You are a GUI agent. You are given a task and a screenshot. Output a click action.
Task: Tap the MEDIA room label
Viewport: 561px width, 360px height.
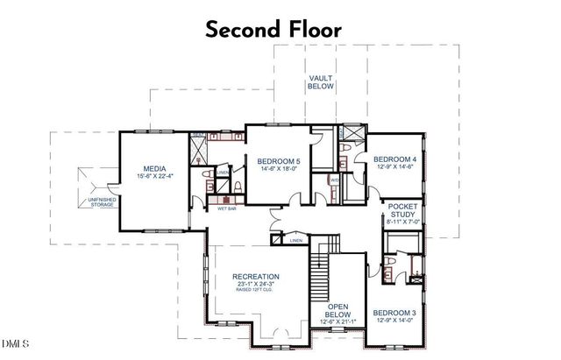point(155,169)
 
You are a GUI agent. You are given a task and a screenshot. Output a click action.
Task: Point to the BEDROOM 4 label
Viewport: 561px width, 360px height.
point(394,159)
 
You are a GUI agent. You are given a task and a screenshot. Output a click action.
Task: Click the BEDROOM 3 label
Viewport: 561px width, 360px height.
point(394,313)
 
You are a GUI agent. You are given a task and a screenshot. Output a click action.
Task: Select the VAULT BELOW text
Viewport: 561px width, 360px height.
point(320,84)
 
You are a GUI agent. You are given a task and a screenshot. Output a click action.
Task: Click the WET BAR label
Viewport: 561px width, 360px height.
point(215,208)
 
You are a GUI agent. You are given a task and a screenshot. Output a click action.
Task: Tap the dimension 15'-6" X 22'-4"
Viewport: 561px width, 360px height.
point(155,177)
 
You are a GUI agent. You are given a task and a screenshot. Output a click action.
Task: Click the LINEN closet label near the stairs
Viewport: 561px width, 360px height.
point(296,240)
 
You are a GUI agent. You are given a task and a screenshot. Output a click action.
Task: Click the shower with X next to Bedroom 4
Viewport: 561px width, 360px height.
point(352,133)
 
